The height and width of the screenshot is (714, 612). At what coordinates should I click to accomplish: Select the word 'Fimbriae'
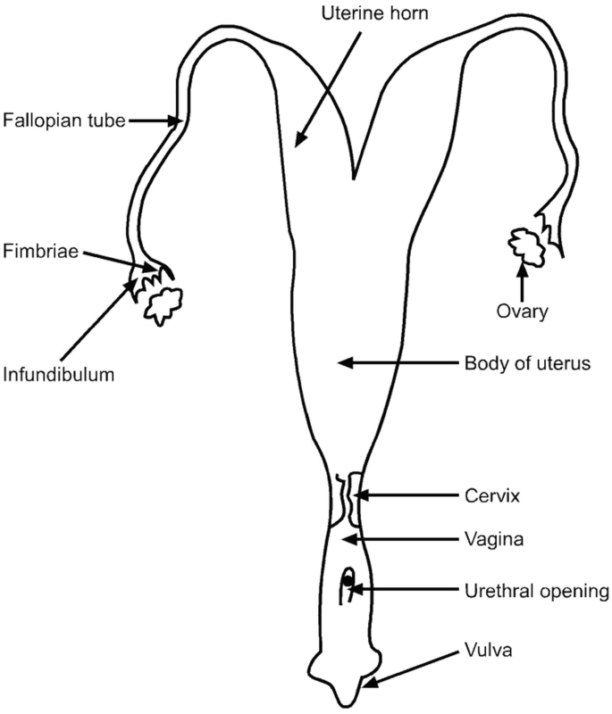point(32,252)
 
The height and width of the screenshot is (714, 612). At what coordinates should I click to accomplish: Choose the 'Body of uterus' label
point(516,363)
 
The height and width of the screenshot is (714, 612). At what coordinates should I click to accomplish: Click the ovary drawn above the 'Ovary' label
point(523,246)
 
